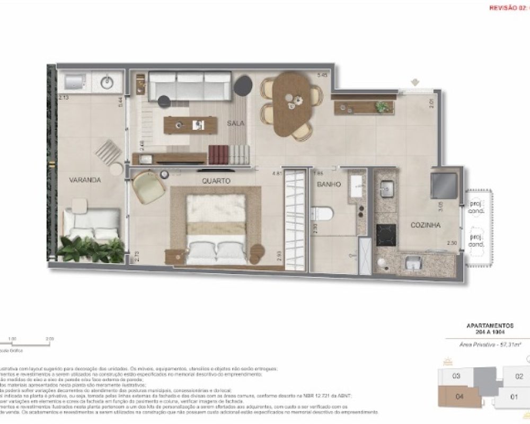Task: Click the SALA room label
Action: coord(235,123)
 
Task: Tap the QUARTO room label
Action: coord(216,181)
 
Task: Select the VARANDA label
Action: coord(85,180)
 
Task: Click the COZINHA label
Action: coord(426,225)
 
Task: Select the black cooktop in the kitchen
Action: coord(386,235)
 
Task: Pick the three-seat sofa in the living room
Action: coord(189,85)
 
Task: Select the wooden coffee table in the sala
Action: coord(191,125)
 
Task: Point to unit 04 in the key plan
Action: coord(460,396)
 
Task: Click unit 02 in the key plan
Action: coord(519,377)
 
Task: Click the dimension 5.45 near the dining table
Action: coord(321,75)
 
